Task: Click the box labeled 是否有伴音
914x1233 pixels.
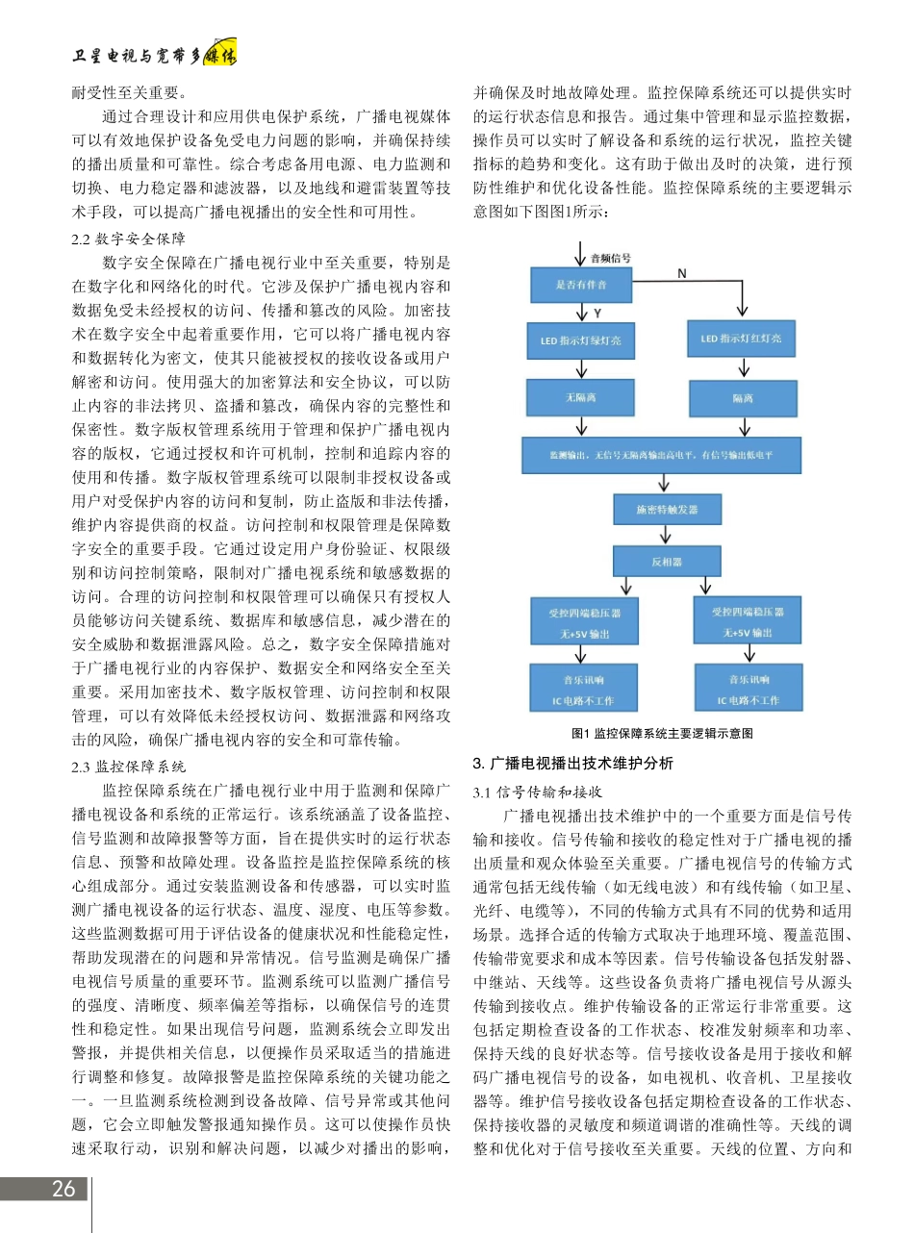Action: pos(580,285)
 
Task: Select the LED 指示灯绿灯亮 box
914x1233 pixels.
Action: pos(580,340)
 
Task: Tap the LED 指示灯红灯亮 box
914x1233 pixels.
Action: pos(742,339)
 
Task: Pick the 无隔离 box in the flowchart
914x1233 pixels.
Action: pos(580,396)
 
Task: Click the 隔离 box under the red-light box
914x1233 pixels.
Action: pos(742,398)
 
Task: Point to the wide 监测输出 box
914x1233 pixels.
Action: pos(661,454)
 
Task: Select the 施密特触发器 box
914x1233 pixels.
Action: pos(667,509)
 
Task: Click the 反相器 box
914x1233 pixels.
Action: pos(667,560)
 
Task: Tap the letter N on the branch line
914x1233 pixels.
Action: pos(681,273)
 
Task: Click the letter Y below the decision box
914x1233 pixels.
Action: pos(597,313)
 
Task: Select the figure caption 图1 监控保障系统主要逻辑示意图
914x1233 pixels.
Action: pos(662,733)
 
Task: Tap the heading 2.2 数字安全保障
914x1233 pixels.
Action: pos(129,239)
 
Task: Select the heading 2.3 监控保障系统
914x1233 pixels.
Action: pos(129,767)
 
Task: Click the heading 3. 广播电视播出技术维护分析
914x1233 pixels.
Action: pos(572,764)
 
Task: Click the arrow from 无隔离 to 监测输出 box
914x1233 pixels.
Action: pos(580,426)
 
